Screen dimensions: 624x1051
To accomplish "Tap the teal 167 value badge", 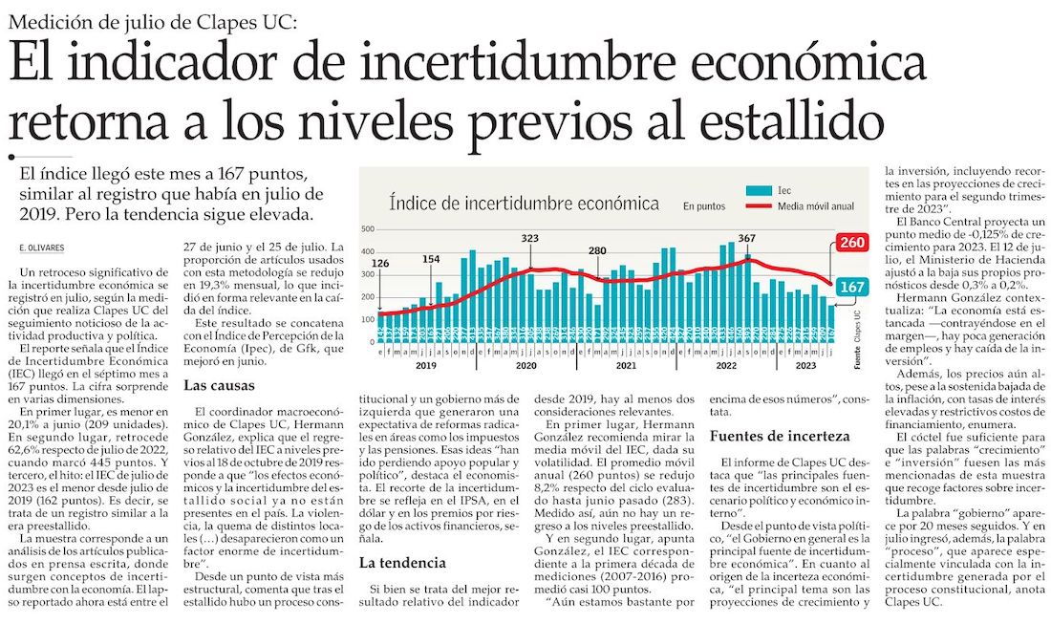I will [x=848, y=287].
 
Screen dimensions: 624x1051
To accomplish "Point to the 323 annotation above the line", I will [x=530, y=237].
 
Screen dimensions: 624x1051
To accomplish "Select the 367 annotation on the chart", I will [x=747, y=237].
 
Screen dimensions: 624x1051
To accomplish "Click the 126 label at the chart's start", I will [x=379, y=264].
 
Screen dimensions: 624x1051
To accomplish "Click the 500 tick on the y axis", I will [x=369, y=229].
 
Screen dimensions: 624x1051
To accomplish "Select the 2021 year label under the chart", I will [x=625, y=366].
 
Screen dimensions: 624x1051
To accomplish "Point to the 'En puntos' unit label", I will [x=703, y=204].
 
